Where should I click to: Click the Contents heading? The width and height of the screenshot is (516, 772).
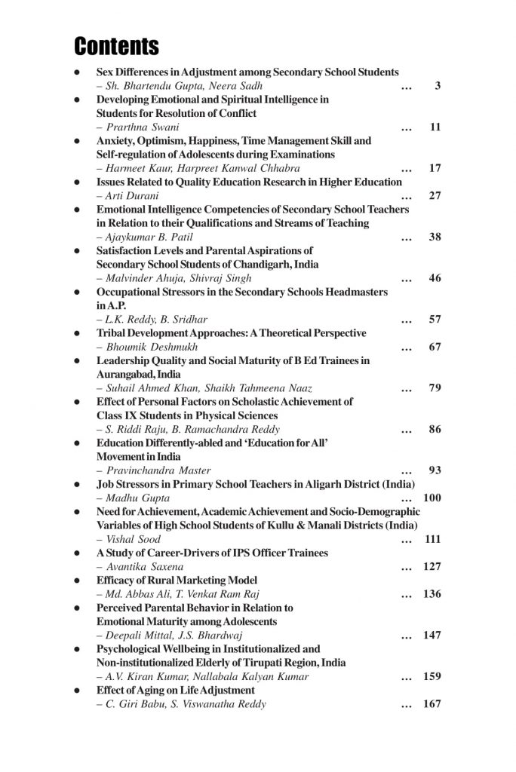coord(116,46)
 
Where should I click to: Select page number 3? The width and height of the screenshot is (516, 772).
coord(438,86)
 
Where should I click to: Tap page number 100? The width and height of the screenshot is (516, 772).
coord(432,498)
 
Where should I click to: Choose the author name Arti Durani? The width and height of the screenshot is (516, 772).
coord(127,195)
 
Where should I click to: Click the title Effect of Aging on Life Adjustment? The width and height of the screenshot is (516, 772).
coord(175,691)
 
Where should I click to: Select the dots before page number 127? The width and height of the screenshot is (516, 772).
coord(407,567)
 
